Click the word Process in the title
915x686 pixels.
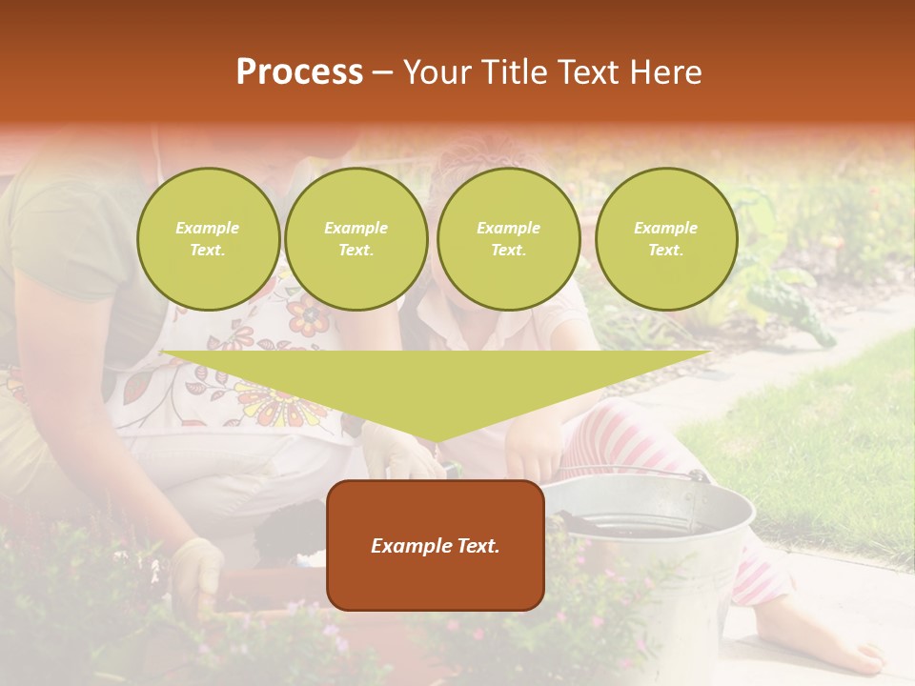299,72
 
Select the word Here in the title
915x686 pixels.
667,72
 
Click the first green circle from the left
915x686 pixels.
208,239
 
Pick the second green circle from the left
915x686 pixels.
356,239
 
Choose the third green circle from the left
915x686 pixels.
508,239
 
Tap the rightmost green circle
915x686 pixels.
665,239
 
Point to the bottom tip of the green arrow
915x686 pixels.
436,439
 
